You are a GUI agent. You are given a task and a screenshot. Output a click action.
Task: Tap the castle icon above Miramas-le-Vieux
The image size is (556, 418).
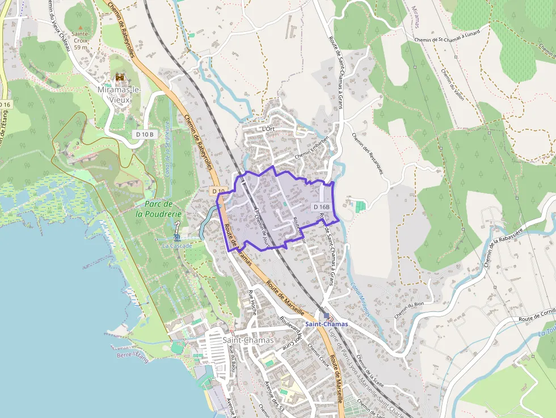[120, 77]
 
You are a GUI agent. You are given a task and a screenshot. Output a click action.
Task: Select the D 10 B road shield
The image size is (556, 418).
[145, 134]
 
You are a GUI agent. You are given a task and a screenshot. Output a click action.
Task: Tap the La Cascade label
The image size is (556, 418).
[177, 246]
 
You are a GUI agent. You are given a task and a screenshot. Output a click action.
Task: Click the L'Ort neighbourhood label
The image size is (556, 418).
[268, 129]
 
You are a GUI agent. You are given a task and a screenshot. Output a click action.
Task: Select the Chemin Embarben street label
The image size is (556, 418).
[311, 147]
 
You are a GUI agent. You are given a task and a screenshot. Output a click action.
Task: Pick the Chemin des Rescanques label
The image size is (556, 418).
[368, 154]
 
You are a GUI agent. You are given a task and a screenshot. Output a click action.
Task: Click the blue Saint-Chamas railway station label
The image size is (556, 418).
[326, 324]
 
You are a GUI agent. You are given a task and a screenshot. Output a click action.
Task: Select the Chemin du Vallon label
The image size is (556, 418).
[452, 85]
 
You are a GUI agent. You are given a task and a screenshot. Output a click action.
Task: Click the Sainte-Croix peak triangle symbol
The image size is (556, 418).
[80, 27]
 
